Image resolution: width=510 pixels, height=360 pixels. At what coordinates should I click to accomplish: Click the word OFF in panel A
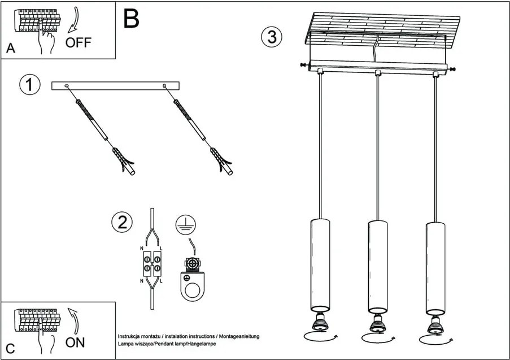point(78,42)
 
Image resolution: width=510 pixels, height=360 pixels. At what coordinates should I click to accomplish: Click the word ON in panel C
point(75,342)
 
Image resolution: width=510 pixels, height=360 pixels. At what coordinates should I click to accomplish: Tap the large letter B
point(131,19)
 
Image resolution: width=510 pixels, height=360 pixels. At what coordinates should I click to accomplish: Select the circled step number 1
point(30,85)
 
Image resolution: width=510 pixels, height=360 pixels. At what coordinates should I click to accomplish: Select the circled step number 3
point(272,37)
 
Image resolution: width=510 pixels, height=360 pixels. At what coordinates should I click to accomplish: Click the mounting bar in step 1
point(115,85)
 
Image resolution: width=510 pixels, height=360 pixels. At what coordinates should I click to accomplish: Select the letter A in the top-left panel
point(10,49)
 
